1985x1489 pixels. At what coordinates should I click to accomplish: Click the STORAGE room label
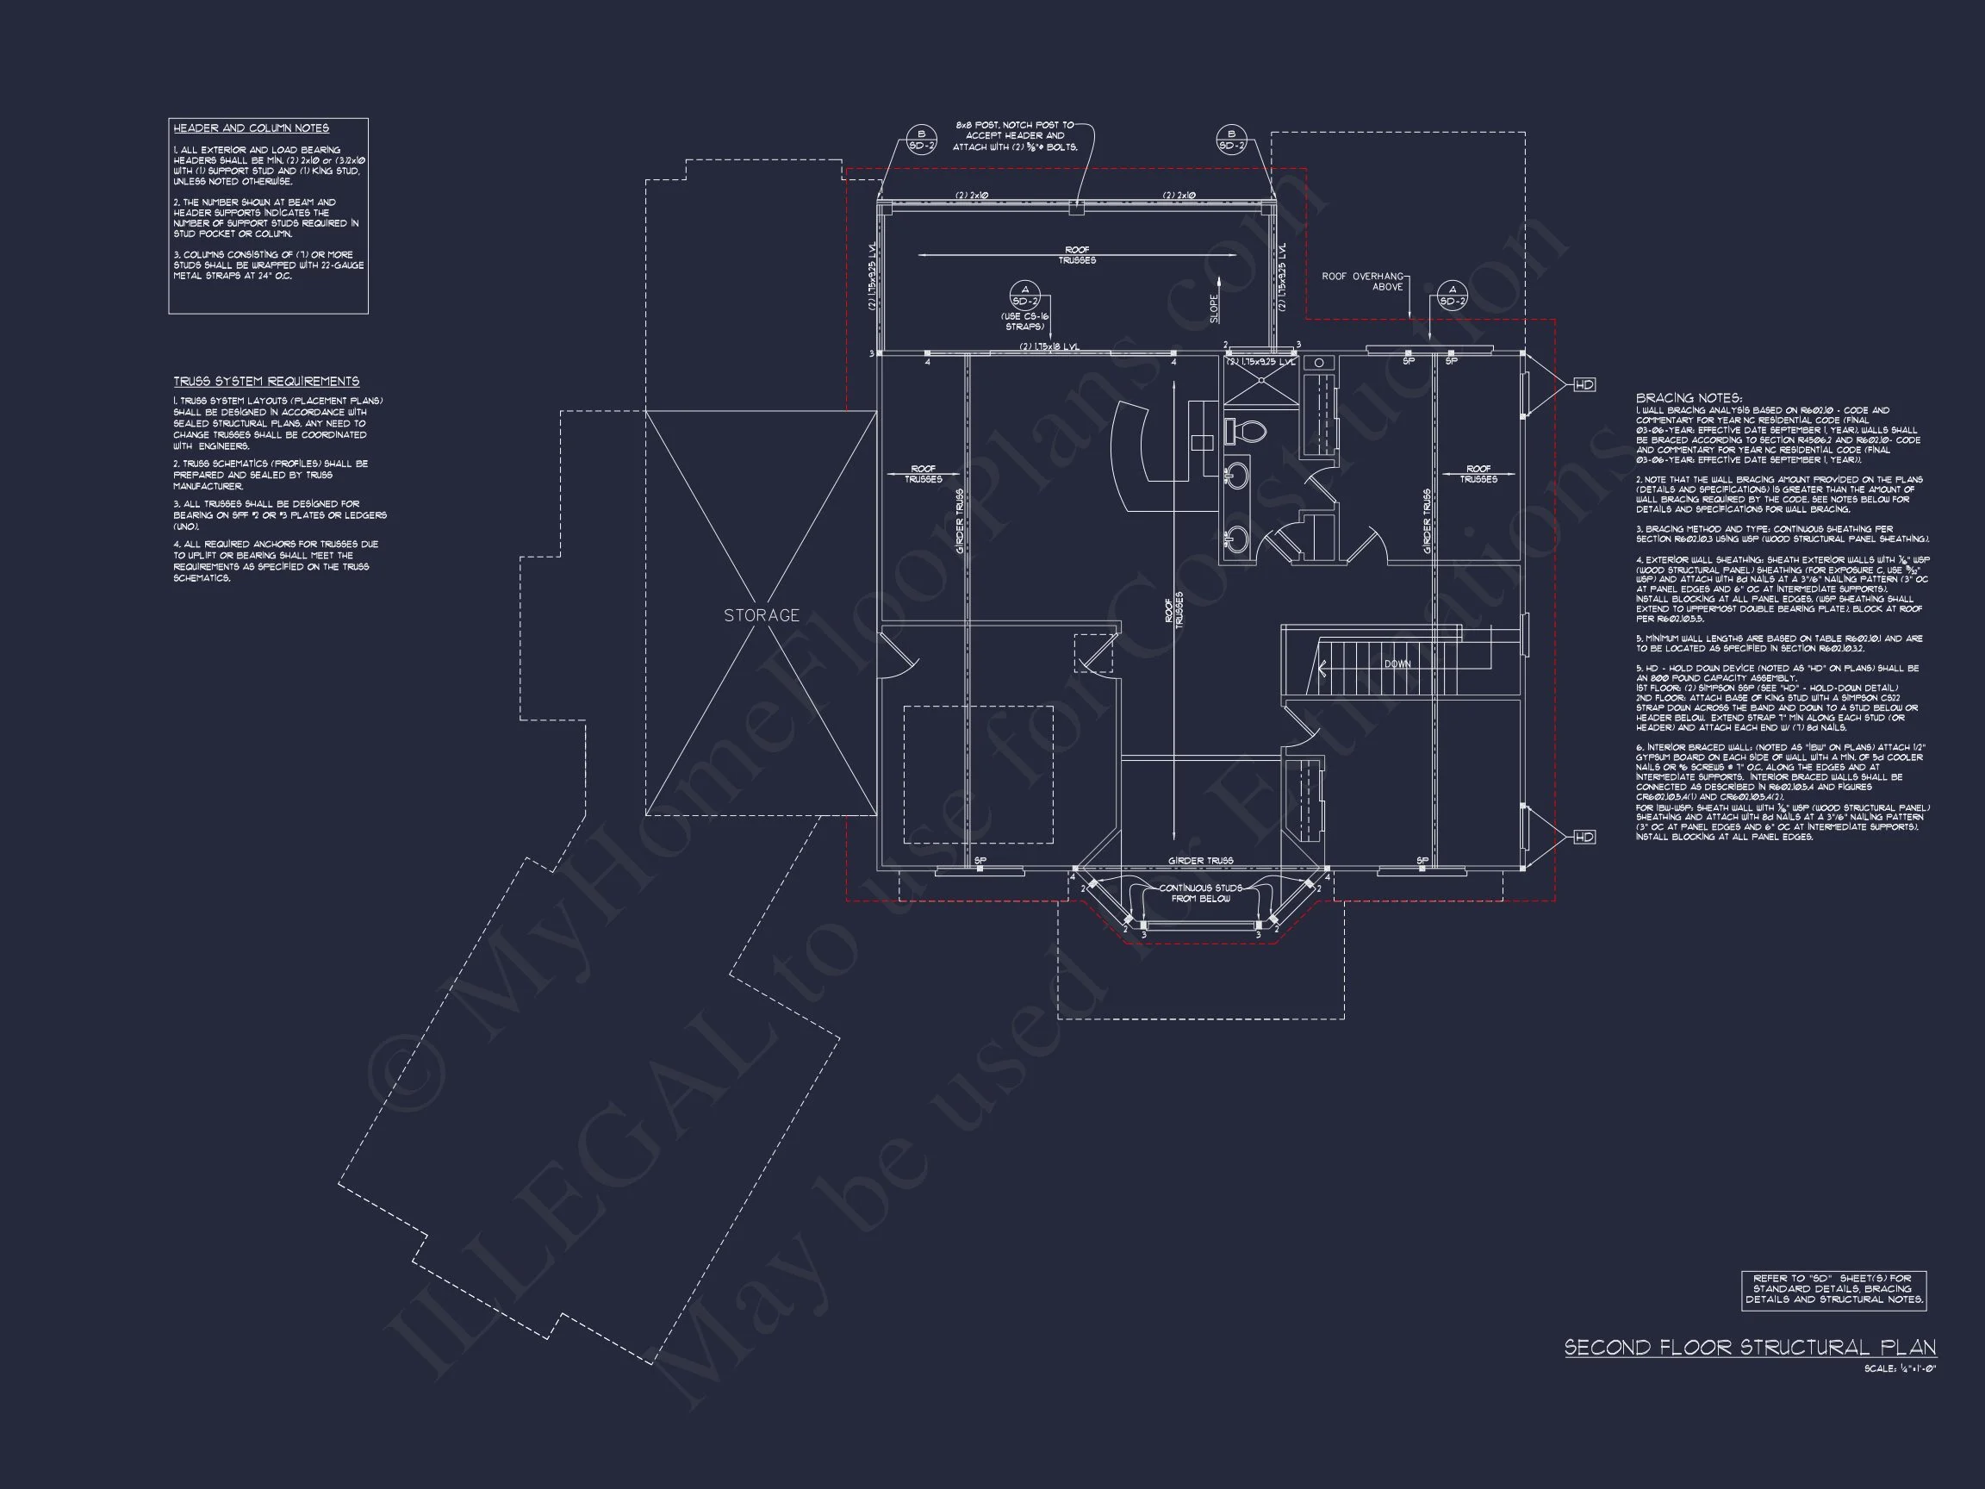coord(761,616)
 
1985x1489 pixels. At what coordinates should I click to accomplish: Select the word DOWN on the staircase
coord(1397,664)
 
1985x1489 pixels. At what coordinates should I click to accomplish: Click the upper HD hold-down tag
coord(1584,384)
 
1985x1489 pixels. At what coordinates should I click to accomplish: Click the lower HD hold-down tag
coord(1584,837)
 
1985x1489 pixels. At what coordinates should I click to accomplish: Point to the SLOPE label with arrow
coord(1215,309)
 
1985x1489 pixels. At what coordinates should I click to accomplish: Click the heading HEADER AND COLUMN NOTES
coord(252,128)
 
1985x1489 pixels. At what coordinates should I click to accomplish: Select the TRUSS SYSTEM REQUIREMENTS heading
coord(266,382)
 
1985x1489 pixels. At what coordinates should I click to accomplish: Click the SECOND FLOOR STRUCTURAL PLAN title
coord(1750,1347)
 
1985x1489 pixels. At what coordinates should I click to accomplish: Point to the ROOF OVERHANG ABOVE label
coord(1362,281)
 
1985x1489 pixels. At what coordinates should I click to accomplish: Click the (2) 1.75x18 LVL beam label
coord(1049,346)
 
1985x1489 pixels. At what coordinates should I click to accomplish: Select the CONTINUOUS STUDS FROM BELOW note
coord(1200,893)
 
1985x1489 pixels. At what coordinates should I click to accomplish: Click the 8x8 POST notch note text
coord(1015,135)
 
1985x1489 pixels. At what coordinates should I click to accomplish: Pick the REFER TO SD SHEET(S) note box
coord(1833,1289)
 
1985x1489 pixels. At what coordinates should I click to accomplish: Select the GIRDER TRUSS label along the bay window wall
coord(1200,861)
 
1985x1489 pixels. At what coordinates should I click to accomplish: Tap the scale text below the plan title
coord(1912,1368)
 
